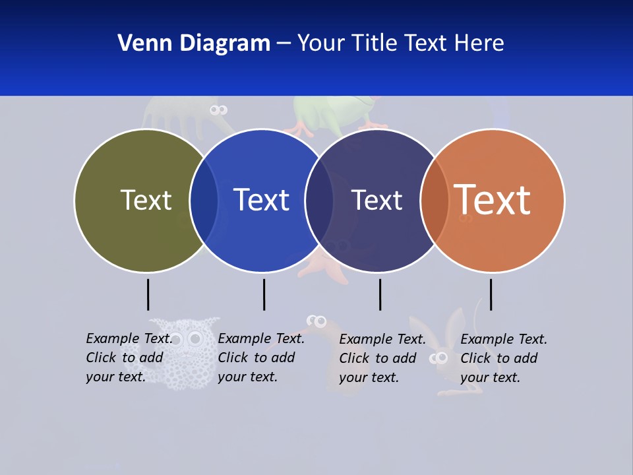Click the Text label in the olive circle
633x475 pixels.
coord(146,200)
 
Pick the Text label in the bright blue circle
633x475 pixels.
coord(261,200)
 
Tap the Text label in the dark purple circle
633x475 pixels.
coord(377,200)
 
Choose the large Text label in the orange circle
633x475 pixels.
coord(493,200)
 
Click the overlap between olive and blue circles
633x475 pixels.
coord(204,200)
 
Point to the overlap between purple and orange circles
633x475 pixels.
coord(435,200)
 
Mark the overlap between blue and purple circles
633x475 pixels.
coord(319,200)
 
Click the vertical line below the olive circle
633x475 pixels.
coord(148,294)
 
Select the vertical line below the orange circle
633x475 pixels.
coord(491,294)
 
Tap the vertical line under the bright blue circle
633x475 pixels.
coord(264,294)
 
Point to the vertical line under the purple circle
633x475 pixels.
coord(380,294)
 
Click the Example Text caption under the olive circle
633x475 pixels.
coord(129,357)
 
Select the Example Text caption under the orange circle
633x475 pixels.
coord(504,358)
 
